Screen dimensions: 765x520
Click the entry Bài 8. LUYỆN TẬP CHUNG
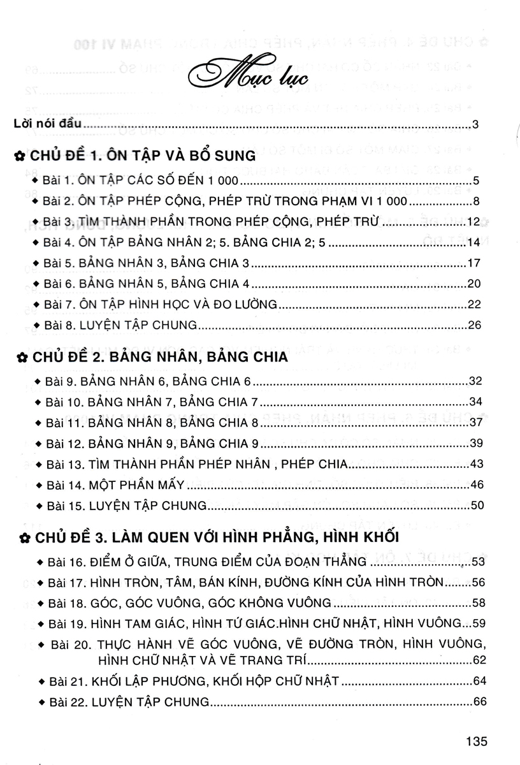click(121, 324)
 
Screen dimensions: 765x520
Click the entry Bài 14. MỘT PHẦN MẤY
click(115, 485)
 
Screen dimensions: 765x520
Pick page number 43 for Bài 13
click(474, 464)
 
